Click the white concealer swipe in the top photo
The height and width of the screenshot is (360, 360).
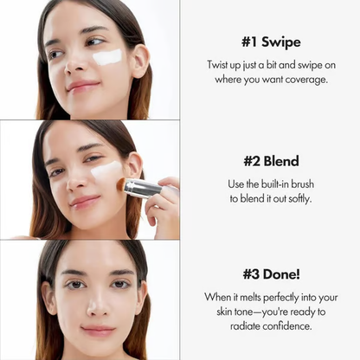tap(108, 57)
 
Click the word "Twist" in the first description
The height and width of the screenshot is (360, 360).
tap(221, 65)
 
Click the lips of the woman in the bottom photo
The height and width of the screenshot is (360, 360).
tap(97, 330)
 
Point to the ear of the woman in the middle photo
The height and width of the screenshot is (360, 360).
tap(133, 164)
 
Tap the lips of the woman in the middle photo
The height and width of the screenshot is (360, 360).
tap(86, 202)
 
